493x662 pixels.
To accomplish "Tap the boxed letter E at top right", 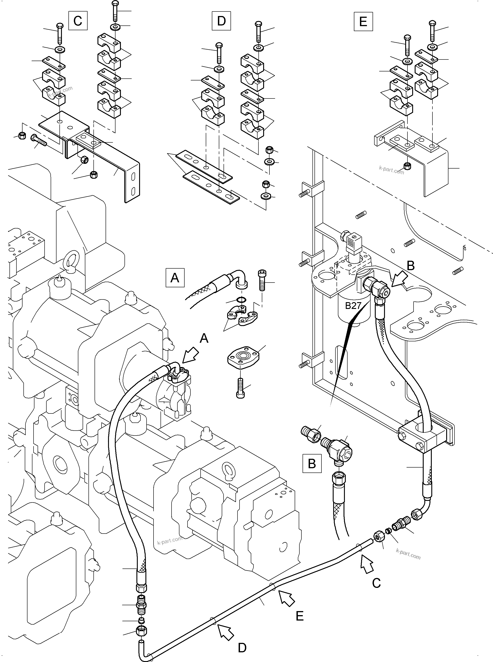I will (x=363, y=21).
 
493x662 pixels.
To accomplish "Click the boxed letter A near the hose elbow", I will (x=175, y=278).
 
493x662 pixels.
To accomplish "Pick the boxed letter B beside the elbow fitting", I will (x=312, y=463).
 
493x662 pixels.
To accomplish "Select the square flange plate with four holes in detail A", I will (x=243, y=356).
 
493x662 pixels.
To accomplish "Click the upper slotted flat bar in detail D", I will (x=204, y=166).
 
